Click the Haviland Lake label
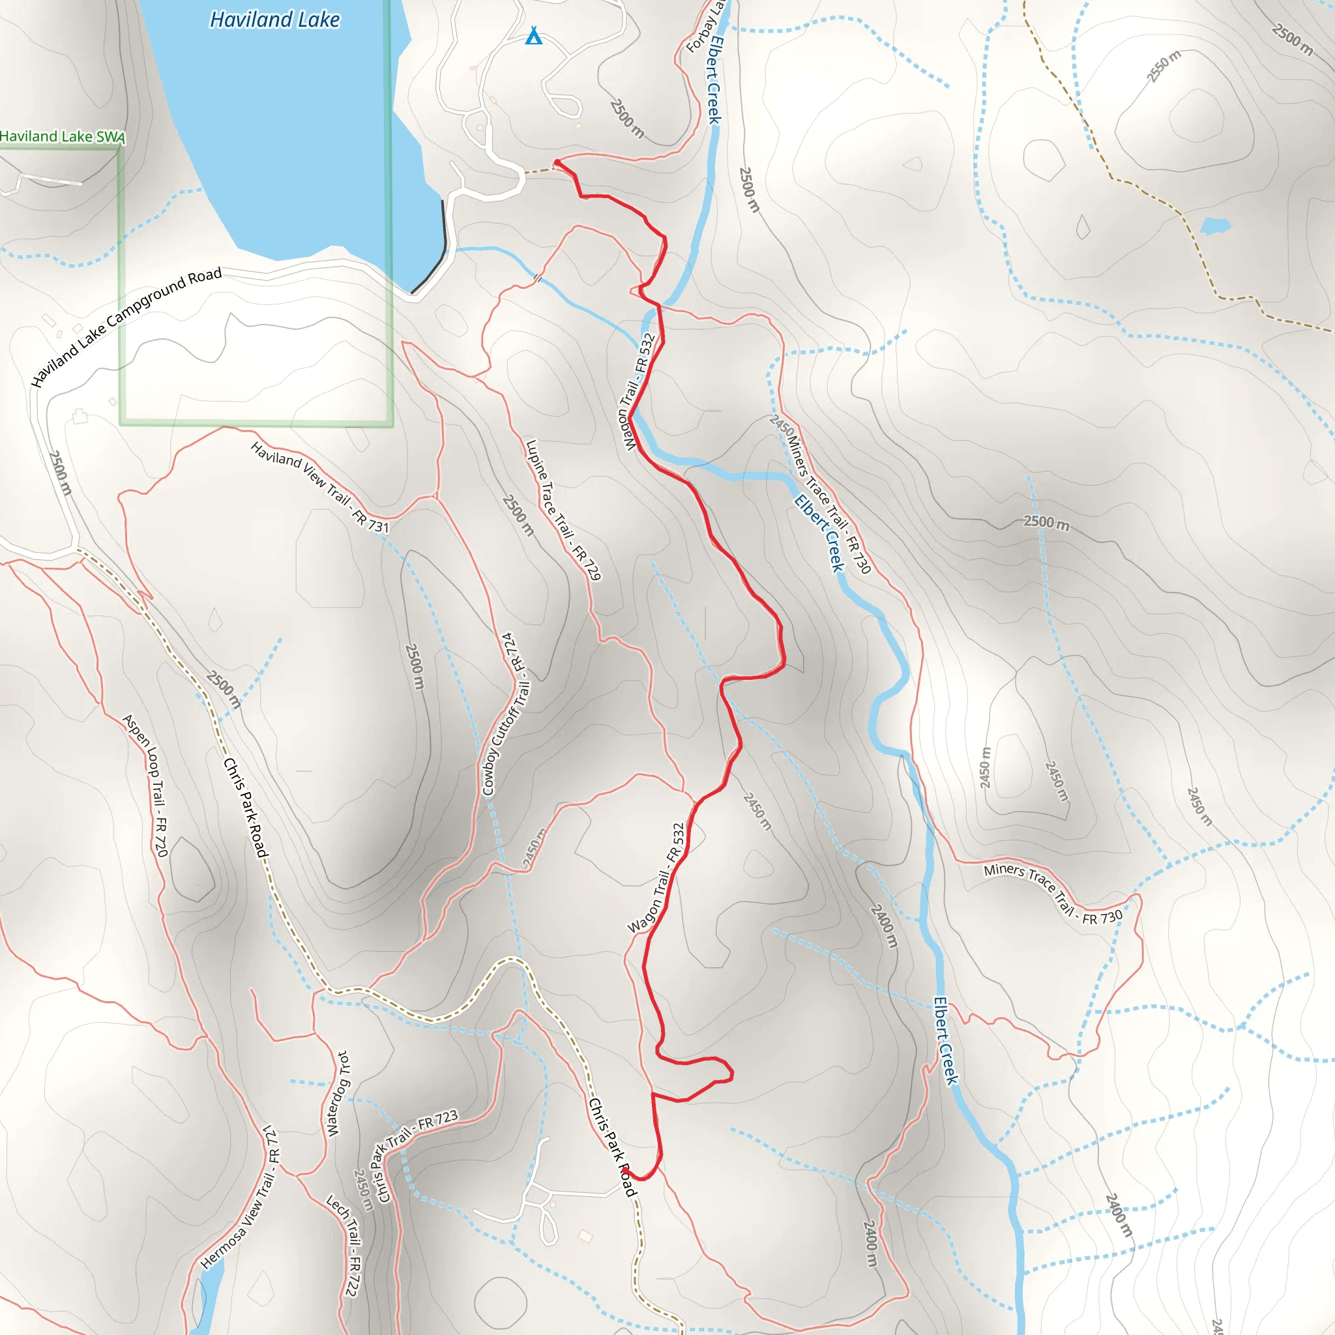coord(274,20)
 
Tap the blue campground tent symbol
coord(533,36)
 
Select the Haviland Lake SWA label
coord(62,136)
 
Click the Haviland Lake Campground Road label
coord(126,327)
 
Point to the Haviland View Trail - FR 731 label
coord(320,488)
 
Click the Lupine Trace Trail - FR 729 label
coord(563,510)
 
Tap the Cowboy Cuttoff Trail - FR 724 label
coord(507,714)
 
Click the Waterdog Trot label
coord(337,1094)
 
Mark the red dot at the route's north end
coord(557,162)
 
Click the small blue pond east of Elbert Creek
coord(1216,226)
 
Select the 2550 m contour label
coord(1164,66)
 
